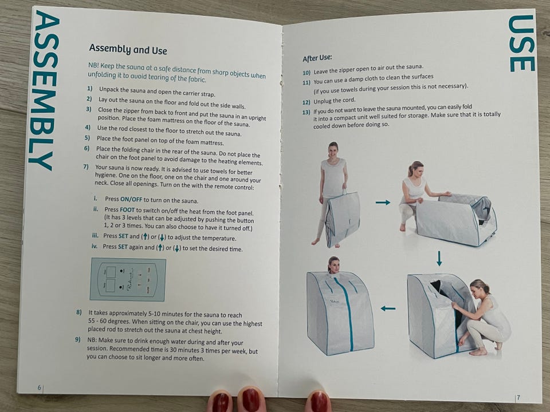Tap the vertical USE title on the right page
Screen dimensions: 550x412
tap(521, 43)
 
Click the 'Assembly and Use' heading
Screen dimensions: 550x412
tap(128, 49)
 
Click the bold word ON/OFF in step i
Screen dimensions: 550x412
tap(131, 199)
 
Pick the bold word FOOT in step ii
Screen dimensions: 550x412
tap(127, 210)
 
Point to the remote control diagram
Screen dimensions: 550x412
tap(128, 279)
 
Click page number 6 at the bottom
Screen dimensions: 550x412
tap(40, 387)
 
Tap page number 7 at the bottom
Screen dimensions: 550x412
tap(518, 397)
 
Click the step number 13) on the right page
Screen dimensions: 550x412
tap(306, 112)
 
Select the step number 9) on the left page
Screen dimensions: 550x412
tap(78, 339)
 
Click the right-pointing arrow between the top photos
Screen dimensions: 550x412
tap(383, 203)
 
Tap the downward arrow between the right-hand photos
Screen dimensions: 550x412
tap(439, 258)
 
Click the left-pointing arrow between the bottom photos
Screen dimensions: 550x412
tap(388, 308)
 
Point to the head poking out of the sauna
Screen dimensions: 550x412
tap(333, 264)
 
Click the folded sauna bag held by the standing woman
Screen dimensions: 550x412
tap(343, 219)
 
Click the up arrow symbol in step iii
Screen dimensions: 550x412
tap(145, 236)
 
